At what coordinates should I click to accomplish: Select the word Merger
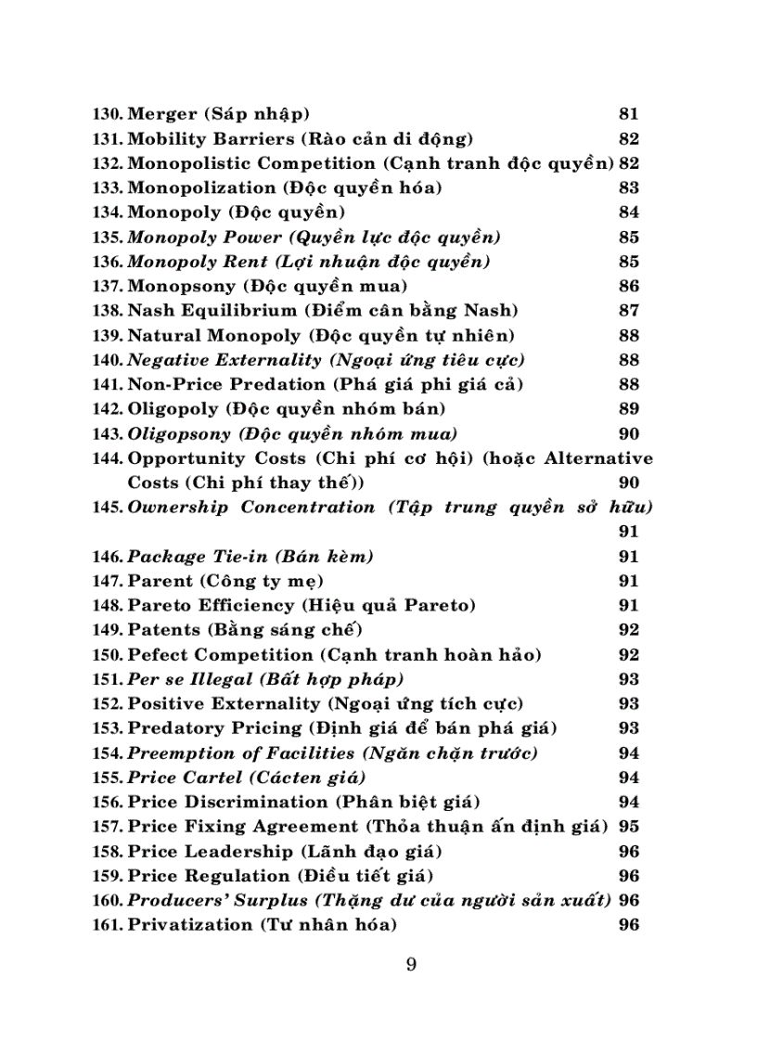(x=161, y=114)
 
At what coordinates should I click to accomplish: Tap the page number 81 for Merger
(x=628, y=114)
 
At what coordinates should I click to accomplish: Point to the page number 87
(x=628, y=310)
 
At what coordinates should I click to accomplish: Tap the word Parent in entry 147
(x=160, y=581)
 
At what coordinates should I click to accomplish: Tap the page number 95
(x=628, y=826)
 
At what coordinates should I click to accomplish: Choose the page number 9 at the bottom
(x=411, y=964)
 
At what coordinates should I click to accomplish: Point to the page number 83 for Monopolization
(x=628, y=187)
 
